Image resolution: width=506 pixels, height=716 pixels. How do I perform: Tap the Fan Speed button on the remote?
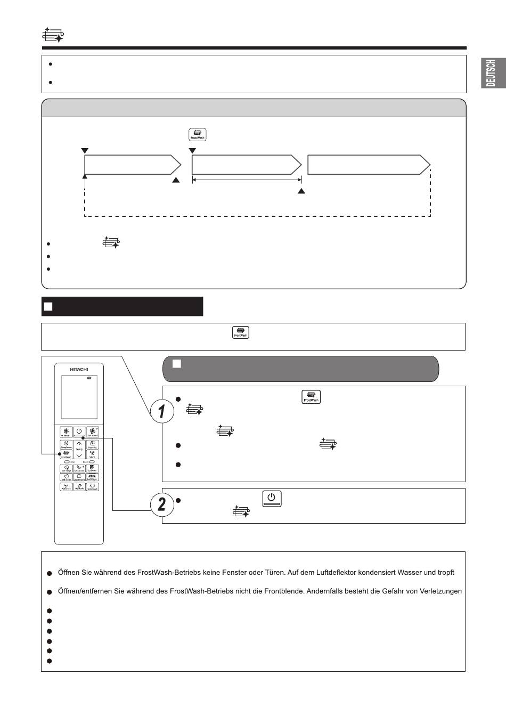coord(92,432)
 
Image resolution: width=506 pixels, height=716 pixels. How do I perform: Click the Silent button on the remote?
coord(92,454)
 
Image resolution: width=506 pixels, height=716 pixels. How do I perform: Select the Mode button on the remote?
coord(66,432)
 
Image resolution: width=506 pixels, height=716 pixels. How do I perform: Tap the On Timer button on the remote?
coord(66,469)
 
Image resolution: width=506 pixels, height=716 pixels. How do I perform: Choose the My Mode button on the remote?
coord(79,486)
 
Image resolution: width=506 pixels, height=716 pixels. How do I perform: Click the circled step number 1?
coord(162,411)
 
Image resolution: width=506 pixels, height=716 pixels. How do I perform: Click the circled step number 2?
coord(162,503)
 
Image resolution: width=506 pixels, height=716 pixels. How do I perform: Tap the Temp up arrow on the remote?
coord(79,443)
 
